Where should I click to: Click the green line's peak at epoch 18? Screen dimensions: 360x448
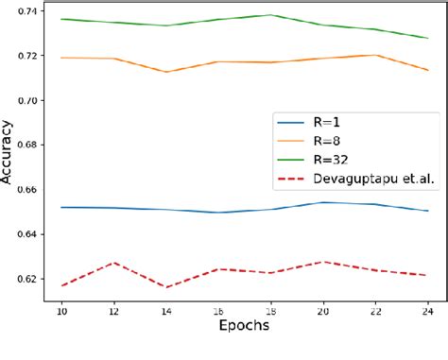click(x=271, y=15)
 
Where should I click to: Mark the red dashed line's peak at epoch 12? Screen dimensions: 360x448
click(x=113, y=263)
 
